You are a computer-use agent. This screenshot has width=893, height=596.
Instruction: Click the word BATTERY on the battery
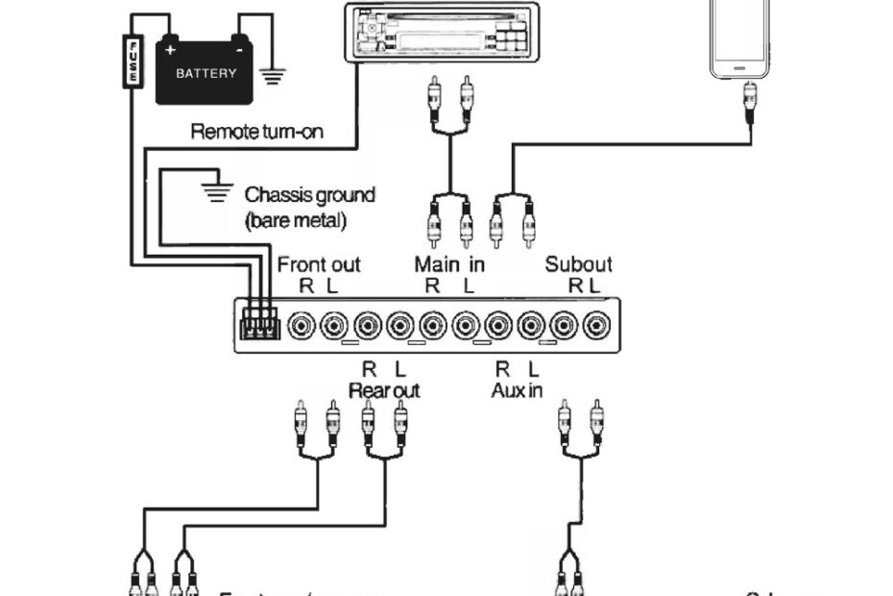click(205, 74)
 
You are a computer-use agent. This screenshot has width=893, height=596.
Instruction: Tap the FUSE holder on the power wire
click(133, 61)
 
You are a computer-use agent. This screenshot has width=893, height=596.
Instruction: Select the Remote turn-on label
click(256, 132)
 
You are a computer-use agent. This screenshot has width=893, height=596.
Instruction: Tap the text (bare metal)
click(295, 219)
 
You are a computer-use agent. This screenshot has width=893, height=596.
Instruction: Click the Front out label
click(319, 263)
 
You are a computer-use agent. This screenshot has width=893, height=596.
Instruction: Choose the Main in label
click(449, 263)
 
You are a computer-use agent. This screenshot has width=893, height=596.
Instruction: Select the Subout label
click(578, 263)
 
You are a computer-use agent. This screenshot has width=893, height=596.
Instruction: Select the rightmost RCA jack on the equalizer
click(596, 326)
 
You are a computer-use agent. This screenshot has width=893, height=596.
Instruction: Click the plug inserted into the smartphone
click(748, 95)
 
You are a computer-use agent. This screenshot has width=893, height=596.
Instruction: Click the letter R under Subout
click(574, 285)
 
